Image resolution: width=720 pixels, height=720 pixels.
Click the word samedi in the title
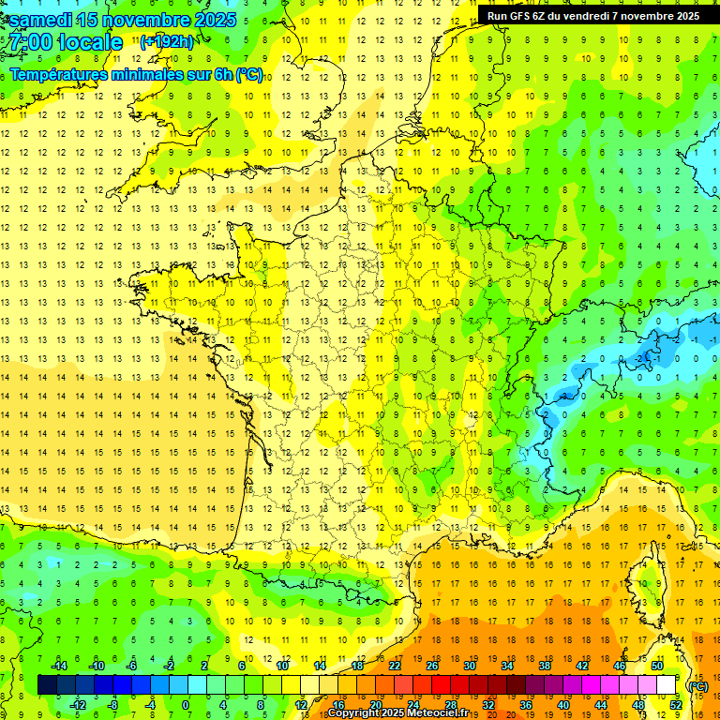(42, 20)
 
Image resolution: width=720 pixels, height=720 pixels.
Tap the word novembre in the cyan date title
(146, 20)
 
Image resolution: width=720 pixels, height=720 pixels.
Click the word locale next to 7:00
(90, 42)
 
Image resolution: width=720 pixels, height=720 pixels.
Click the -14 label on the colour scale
(59, 666)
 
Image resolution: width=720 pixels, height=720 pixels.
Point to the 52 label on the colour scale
(676, 705)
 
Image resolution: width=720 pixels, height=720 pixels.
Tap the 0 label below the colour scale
(186, 705)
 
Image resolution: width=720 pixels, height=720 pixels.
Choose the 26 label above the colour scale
(432, 666)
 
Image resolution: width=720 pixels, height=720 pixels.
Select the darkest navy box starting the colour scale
(47, 685)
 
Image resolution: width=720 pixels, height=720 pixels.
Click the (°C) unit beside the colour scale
(697, 685)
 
